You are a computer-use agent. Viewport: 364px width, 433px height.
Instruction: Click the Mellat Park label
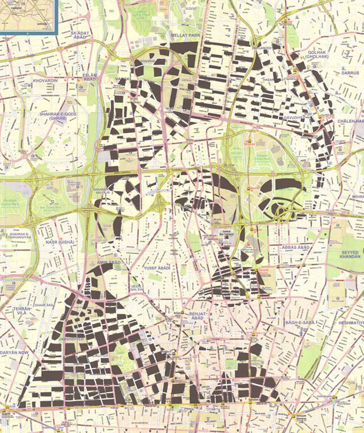point(182,36)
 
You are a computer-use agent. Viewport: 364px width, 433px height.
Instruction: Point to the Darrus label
point(350,73)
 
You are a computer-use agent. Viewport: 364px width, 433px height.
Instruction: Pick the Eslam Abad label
point(90,77)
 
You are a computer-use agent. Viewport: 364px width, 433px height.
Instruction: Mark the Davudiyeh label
point(294,118)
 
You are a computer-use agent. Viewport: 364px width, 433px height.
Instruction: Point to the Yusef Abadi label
point(157,268)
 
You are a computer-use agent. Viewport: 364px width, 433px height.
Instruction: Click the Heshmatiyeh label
point(351,322)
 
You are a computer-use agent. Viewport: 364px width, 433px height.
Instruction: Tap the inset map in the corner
point(28,16)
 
